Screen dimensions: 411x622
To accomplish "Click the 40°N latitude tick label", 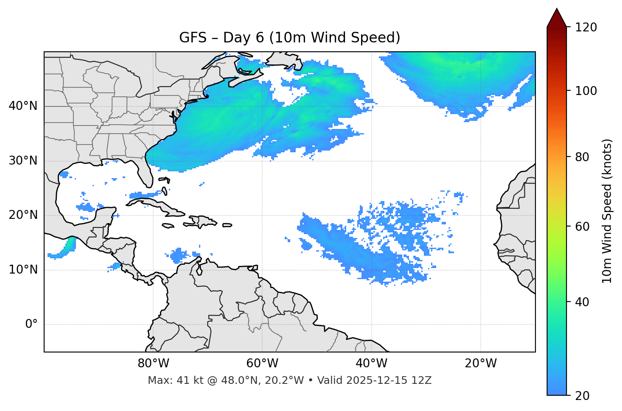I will (23, 106).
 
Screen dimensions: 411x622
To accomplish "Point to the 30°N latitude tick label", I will (23, 161).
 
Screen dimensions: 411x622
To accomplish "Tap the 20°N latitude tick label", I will (23, 215).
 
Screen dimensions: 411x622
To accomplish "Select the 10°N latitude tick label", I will (23, 270).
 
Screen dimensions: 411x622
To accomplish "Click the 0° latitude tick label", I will (31, 324).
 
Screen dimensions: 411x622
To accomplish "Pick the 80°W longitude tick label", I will (153, 363).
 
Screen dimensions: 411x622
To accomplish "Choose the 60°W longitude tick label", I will (262, 363).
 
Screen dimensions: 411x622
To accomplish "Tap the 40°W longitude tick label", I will (371, 363).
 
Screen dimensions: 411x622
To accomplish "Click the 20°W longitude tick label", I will (480, 363).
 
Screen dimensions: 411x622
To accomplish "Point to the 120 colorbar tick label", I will (586, 28).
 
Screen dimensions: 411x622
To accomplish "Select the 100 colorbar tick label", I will (586, 91).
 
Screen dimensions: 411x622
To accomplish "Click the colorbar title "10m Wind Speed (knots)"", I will (607, 211).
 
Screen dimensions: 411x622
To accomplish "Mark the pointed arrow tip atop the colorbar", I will (556, 10).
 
